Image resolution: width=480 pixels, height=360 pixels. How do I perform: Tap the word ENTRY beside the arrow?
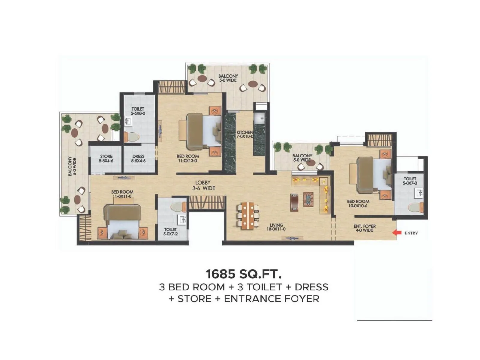tap(411, 233)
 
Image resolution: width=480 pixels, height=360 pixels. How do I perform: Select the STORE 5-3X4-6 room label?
tap(106, 158)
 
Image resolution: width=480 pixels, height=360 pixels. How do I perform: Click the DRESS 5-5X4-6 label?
tap(138, 158)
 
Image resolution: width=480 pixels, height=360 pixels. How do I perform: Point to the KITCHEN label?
tap(245, 134)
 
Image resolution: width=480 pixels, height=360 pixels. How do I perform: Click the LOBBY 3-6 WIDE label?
tap(203, 185)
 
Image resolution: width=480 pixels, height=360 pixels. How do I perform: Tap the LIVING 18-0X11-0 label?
tap(276, 227)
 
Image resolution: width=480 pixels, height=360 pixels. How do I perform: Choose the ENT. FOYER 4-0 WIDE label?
tap(364, 228)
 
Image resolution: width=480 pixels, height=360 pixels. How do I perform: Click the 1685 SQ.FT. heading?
tap(243, 274)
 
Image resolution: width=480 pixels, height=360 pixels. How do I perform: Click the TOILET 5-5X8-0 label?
tap(138, 111)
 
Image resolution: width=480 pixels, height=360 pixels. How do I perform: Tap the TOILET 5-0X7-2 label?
tap(170, 231)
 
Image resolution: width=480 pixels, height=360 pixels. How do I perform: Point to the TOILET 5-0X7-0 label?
tap(410, 181)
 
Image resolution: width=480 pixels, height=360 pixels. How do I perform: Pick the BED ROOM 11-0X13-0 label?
tap(187, 158)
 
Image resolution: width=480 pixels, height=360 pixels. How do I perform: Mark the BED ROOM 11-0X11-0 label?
tap(122, 194)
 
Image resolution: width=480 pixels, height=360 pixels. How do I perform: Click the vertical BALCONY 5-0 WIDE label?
tap(72, 166)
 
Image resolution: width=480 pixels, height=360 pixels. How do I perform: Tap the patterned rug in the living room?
tap(308, 199)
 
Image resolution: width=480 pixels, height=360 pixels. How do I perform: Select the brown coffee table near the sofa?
tap(294, 202)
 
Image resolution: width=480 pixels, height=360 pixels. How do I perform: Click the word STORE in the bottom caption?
tap(194, 299)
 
